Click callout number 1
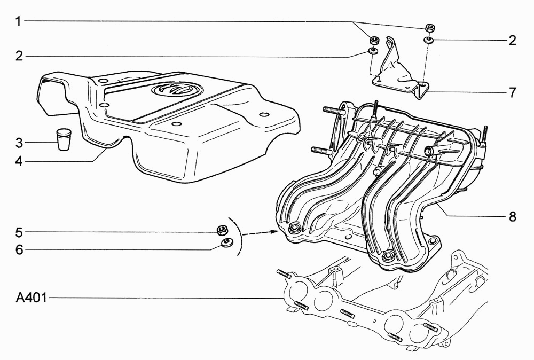click(18, 21)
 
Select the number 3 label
click(19, 143)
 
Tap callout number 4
click(19, 161)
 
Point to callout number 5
click(19, 233)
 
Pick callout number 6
click(19, 249)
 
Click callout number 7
click(513, 92)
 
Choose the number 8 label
click(513, 216)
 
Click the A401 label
click(32, 298)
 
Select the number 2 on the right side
click(513, 41)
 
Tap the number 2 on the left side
click(19, 56)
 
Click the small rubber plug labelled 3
click(64, 139)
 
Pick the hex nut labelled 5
click(222, 231)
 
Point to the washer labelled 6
click(227, 243)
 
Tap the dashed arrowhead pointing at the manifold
click(273, 232)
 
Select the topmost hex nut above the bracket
click(430, 28)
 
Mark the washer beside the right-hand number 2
click(429, 40)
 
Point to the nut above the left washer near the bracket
click(374, 40)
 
